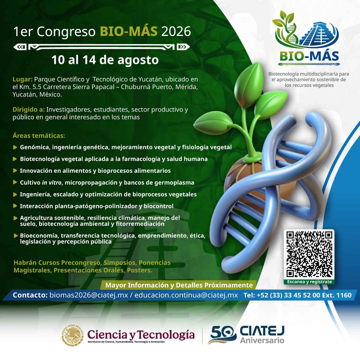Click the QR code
point(309,254)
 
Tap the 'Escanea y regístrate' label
point(309,282)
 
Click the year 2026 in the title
point(176,31)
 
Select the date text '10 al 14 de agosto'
point(105,60)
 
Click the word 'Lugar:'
point(22,79)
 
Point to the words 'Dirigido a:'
point(28,109)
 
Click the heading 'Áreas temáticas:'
point(39,136)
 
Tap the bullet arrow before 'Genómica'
point(15,147)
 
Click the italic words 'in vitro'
point(52,182)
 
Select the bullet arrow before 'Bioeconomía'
point(16,235)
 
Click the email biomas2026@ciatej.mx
point(89,295)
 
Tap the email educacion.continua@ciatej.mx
point(186,295)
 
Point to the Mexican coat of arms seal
point(73,335)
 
